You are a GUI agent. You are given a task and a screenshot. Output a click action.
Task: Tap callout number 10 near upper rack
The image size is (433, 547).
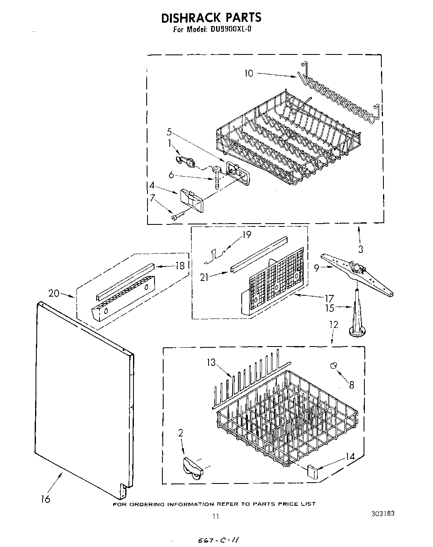pyautogui.click(x=249, y=73)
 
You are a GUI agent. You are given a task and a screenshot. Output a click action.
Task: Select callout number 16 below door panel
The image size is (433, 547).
pyautogui.click(x=45, y=499)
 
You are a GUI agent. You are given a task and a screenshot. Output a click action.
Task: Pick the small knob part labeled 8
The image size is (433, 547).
pyautogui.click(x=334, y=365)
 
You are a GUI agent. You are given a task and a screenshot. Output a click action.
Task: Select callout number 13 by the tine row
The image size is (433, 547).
pyautogui.click(x=211, y=363)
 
